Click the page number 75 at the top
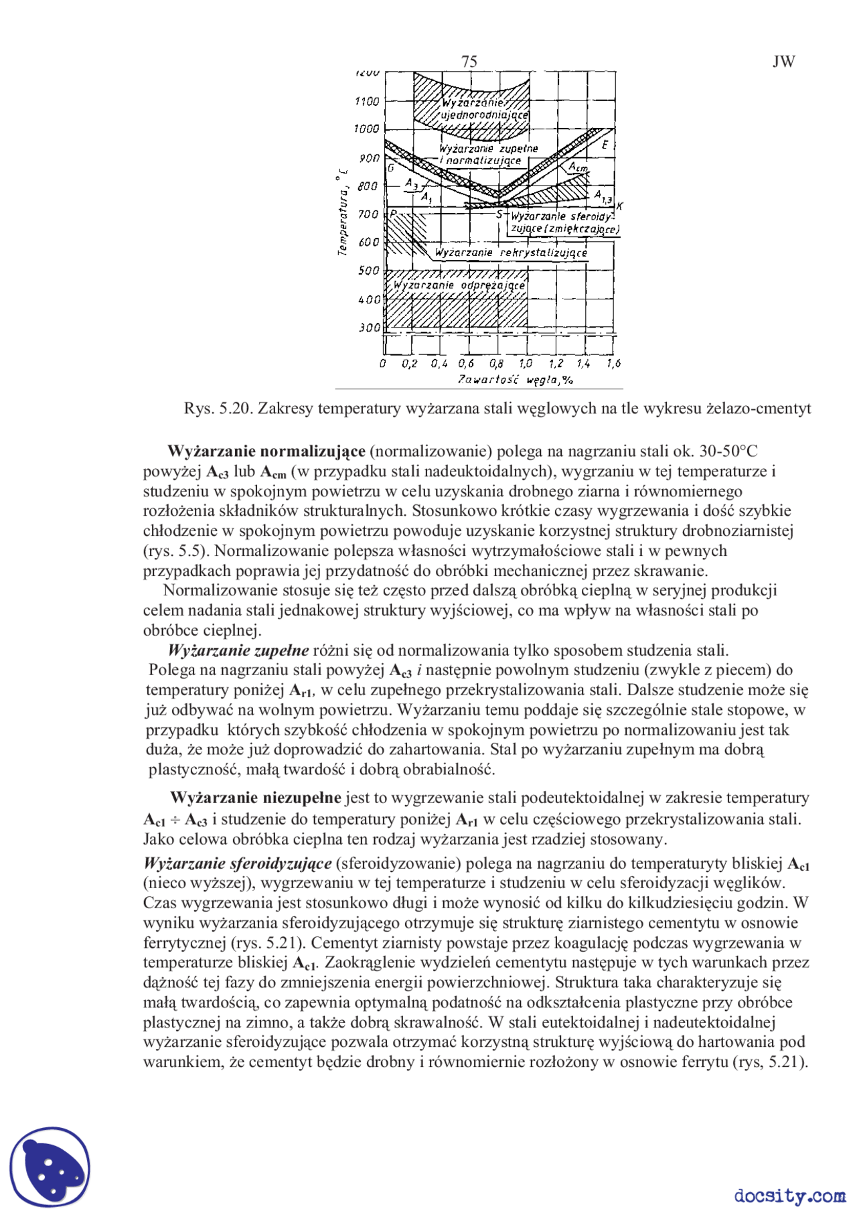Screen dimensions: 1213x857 [x=469, y=62]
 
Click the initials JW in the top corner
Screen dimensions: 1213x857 [x=783, y=62]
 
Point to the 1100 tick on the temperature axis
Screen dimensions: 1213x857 [x=367, y=101]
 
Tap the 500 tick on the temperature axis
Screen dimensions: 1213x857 [x=369, y=271]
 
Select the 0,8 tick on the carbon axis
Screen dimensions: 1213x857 [x=496, y=364]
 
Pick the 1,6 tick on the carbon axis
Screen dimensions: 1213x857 [x=613, y=364]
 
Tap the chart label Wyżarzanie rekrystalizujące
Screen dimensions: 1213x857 [x=510, y=253]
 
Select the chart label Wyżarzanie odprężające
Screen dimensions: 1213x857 [x=459, y=285]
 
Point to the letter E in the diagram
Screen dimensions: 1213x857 [x=605, y=145]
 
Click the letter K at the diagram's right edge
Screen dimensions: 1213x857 [x=620, y=206]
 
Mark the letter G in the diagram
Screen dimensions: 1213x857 [x=391, y=167]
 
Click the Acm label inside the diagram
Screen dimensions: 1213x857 [x=578, y=167]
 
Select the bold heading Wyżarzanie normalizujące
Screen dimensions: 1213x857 [x=266, y=451]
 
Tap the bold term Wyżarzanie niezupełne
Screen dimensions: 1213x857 [x=256, y=798]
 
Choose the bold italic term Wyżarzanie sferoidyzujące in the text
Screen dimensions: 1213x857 [x=238, y=863]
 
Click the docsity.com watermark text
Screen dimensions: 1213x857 [x=789, y=1196]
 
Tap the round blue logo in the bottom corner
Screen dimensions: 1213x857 [x=50, y=1167]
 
